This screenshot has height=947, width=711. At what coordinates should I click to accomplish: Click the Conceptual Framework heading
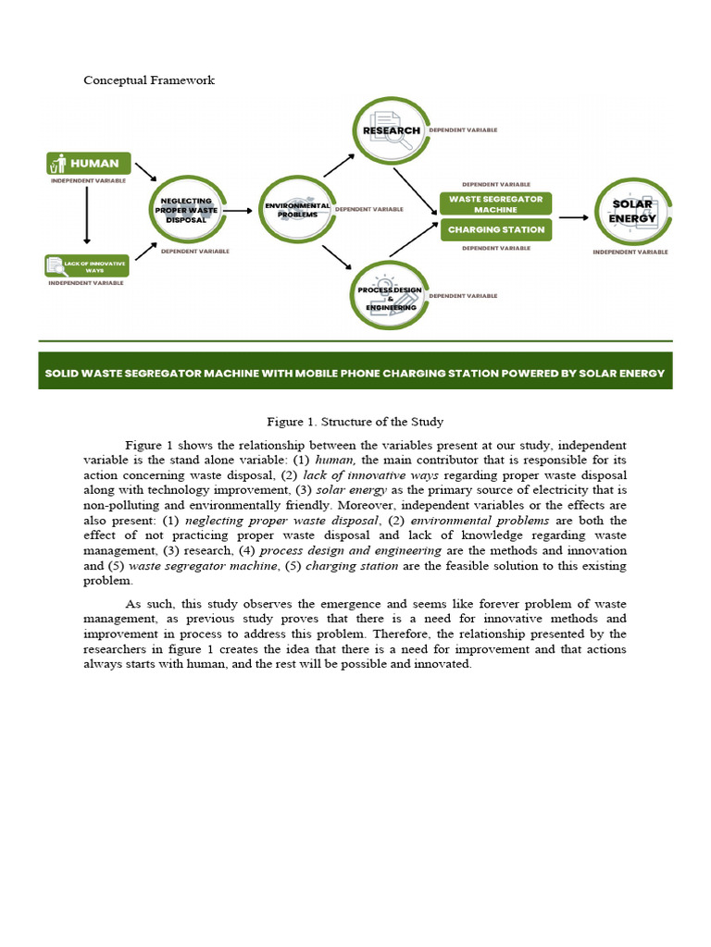click(149, 80)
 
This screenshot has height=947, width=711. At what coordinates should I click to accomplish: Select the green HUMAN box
click(88, 163)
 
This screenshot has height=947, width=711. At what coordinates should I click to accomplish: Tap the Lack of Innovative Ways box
click(87, 266)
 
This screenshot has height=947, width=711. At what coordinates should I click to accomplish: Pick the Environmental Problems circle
click(293, 210)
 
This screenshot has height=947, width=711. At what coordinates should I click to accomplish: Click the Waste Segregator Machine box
click(496, 203)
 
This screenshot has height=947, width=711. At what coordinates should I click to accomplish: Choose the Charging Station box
click(496, 229)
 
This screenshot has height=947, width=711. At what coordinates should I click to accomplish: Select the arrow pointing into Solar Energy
click(574, 217)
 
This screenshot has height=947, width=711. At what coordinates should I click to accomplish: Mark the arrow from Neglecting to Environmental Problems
click(238, 211)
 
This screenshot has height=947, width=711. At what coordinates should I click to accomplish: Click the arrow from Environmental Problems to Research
click(338, 166)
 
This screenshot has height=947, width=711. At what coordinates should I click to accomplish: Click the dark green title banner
click(355, 372)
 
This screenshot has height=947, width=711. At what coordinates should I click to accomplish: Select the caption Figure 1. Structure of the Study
click(355, 422)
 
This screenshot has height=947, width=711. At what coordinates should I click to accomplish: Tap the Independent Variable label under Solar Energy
click(630, 252)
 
